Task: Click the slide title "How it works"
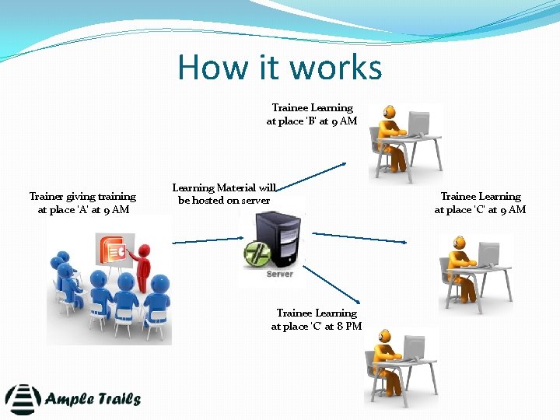280,67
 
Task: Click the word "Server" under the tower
279,274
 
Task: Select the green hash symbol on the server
255,254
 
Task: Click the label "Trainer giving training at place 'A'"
82,203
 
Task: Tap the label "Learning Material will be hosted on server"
224,194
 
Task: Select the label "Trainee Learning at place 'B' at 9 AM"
312,114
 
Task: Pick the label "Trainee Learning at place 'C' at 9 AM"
480,203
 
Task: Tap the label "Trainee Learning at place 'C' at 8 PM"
317,320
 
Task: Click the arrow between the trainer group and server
204,241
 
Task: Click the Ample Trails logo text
93,400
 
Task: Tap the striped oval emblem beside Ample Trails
23,399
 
